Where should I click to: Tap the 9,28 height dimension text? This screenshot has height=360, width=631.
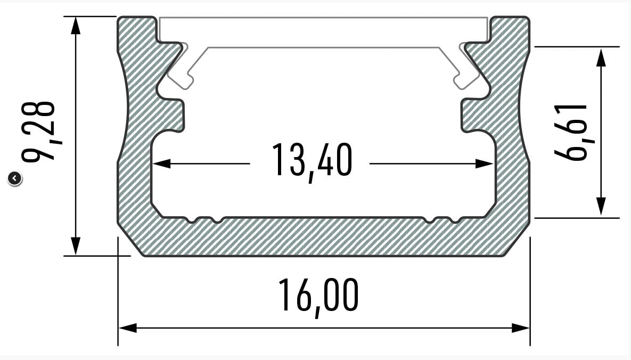click(39, 132)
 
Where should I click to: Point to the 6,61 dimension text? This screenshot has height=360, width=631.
click(571, 132)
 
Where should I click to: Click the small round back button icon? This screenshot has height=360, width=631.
click(14, 178)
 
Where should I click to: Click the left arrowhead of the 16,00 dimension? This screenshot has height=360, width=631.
click(128, 328)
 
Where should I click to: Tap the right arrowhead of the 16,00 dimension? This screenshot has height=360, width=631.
click(520, 328)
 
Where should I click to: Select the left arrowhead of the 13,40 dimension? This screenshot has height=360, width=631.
click(162, 163)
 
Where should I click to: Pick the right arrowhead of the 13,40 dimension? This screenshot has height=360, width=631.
click(484, 163)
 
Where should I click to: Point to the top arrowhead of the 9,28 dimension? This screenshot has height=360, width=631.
click(75, 26)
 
